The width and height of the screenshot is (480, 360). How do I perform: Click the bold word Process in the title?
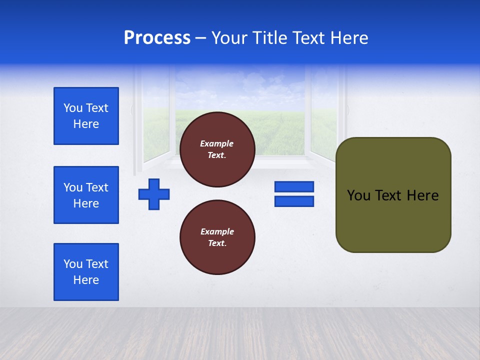[x=157, y=38]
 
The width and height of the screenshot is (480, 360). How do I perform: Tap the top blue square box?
[x=86, y=116]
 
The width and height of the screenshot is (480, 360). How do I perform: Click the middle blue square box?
[x=86, y=195]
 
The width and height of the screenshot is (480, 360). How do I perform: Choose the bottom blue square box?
[x=86, y=272]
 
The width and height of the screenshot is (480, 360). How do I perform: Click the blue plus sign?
[x=154, y=194]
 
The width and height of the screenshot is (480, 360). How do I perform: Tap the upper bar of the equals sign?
[x=294, y=186]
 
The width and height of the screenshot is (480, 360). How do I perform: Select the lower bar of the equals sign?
[x=294, y=201]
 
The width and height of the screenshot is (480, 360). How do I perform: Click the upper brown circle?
[x=217, y=149]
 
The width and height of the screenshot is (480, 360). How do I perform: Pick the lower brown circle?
[x=217, y=237]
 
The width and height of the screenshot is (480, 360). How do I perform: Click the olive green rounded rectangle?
[x=393, y=195]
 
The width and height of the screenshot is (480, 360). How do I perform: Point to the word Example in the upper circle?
[x=217, y=143]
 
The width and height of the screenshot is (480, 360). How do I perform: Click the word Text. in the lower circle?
[x=217, y=243]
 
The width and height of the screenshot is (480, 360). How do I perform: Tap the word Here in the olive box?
[x=422, y=195]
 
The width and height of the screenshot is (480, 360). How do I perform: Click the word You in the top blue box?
[x=72, y=108]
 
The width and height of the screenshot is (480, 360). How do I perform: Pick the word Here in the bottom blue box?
[x=86, y=280]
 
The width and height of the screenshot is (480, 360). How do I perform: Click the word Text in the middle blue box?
[x=96, y=187]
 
